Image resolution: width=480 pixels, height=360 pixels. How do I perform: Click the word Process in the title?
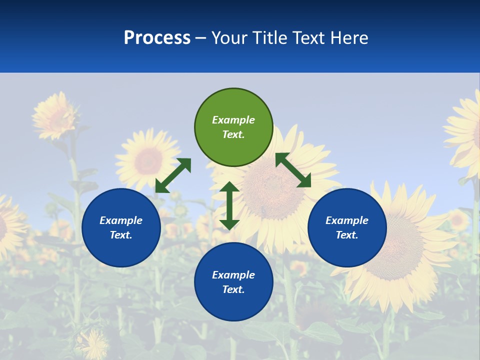[157, 38]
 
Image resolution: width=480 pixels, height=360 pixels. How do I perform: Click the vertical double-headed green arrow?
[229, 205]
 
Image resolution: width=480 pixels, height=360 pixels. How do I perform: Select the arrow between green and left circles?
[173, 175]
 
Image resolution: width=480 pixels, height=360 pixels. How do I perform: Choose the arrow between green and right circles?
[293, 170]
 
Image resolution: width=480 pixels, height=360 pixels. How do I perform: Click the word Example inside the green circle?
[233, 120]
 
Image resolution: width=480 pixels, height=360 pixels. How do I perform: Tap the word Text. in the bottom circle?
[233, 289]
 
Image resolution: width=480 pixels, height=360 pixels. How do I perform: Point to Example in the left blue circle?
[121, 220]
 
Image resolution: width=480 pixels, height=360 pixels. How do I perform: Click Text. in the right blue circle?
[347, 235]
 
